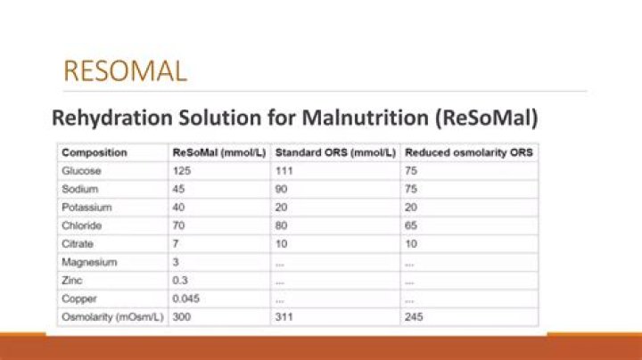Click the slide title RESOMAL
(x=124, y=70)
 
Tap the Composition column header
(x=95, y=152)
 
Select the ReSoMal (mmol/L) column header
(x=218, y=152)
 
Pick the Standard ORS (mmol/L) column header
(x=334, y=152)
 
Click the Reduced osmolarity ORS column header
(x=468, y=152)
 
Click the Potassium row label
(x=85, y=208)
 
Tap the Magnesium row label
(x=87, y=262)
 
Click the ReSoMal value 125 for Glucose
(x=181, y=171)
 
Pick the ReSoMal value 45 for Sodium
(x=178, y=189)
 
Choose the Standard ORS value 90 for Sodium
(x=282, y=189)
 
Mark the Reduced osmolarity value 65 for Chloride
(x=411, y=225)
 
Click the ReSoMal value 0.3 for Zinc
(x=179, y=281)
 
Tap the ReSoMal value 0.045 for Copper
(x=185, y=299)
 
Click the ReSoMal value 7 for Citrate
(x=176, y=244)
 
